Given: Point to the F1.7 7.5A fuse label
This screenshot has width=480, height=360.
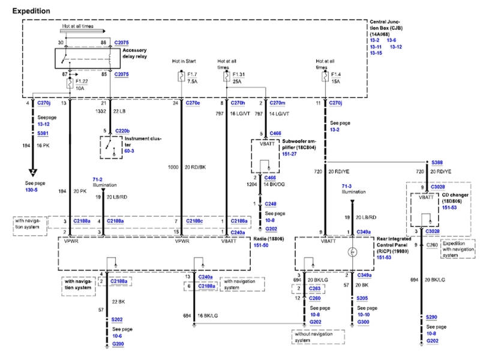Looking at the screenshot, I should tap(193, 79).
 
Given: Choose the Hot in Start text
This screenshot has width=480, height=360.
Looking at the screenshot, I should tap(184, 62).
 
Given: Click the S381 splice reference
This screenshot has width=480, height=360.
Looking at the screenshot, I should tap(43, 133).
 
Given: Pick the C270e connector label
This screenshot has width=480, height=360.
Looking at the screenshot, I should tap(193, 103).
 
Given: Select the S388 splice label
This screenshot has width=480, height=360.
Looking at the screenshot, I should tap(438, 163).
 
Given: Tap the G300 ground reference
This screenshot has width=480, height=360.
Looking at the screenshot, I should tap(363, 323).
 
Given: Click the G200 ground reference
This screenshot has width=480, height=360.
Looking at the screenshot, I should tap(117, 344).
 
